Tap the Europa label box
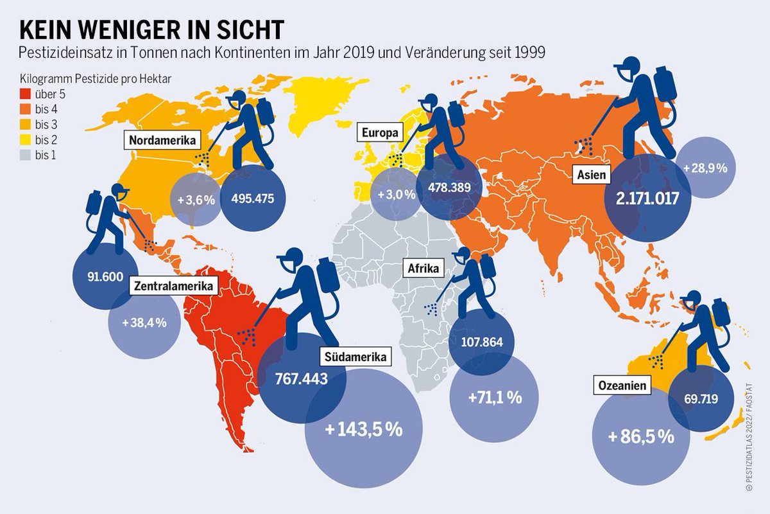click(x=379, y=134)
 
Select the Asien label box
click(x=590, y=173)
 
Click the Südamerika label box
click(x=354, y=357)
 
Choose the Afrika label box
click(x=423, y=269)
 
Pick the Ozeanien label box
click(x=622, y=386)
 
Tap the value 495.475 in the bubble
click(x=252, y=198)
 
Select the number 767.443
click(x=301, y=378)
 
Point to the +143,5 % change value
click(x=363, y=429)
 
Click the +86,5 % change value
click(x=640, y=437)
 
